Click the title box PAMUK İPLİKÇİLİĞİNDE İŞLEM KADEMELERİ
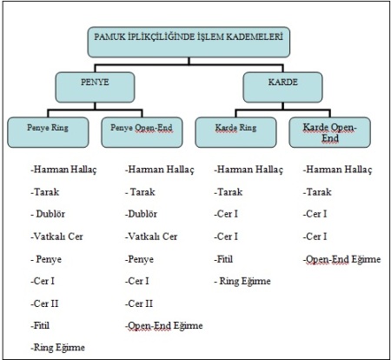pyautogui.click(x=189, y=42)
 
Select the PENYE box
pyautogui.click(x=95, y=87)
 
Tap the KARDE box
pyautogui.click(x=282, y=87)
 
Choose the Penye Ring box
pyautogui.click(x=48, y=132)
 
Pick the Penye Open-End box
pyautogui.click(x=142, y=132)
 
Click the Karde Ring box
pyautogui.click(x=235, y=132)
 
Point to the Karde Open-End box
pyautogui.click(x=329, y=132)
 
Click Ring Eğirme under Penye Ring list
pyautogui.click(x=57, y=348)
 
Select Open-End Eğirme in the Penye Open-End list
pyautogui.click(x=163, y=325)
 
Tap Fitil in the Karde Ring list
pyautogui.click(x=223, y=259)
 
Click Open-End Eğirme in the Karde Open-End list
pyautogui.click(x=341, y=259)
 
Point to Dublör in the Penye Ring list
pyautogui.click(x=48, y=214)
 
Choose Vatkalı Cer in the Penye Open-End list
pyautogui.click(x=151, y=237)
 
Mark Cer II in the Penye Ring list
pyautogui.click(x=44, y=303)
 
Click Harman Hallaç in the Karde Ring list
pyautogui.click(x=249, y=170)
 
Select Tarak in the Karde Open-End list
pyautogui.click(x=317, y=192)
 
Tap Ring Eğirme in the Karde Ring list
pyautogui.click(x=242, y=281)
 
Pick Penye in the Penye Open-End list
pyautogui.click(x=139, y=259)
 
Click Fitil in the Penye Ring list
pyautogui.click(x=40, y=325)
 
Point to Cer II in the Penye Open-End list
pyautogui.click(x=139, y=303)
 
